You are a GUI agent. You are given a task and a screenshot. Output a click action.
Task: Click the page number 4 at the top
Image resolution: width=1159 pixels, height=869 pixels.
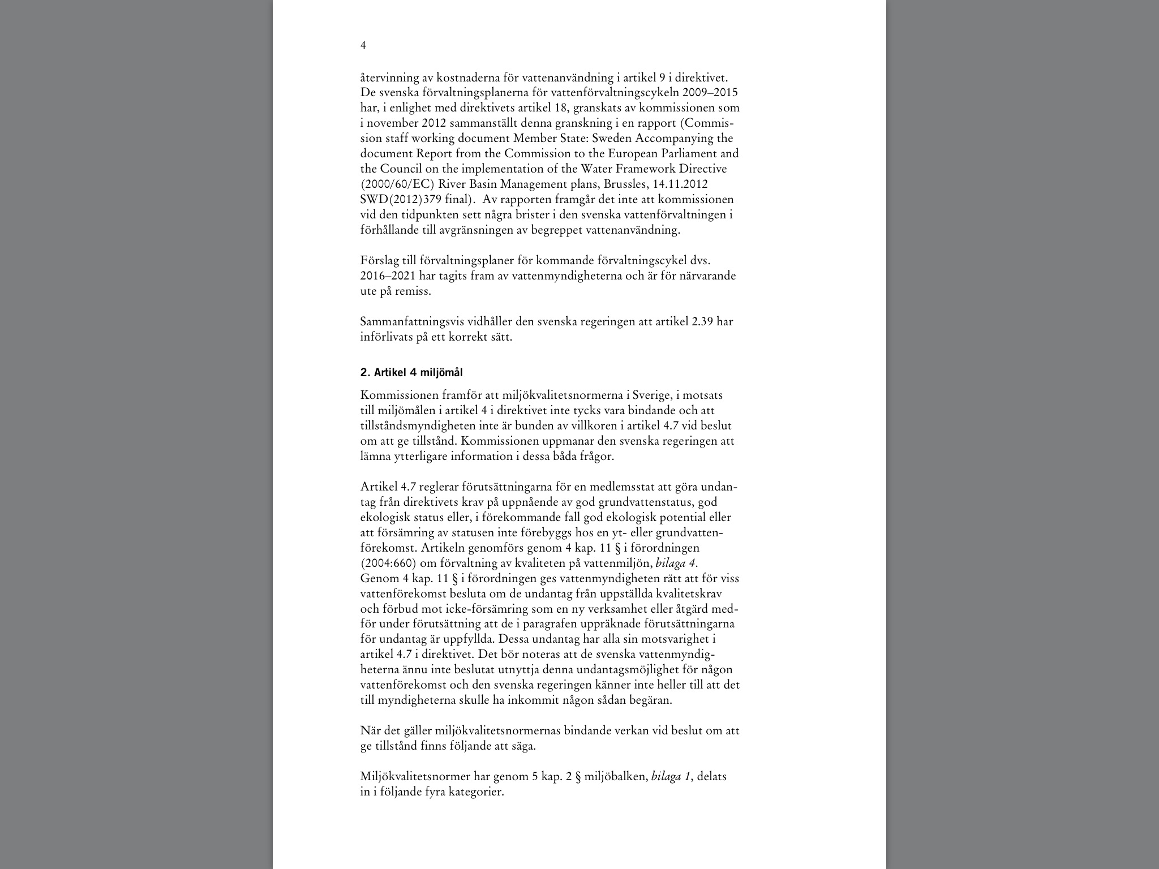pos(363,46)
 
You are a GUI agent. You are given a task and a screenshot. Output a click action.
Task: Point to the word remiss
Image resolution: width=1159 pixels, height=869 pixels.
pos(415,291)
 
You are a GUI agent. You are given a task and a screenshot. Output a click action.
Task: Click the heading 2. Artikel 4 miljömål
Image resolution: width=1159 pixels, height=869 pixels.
pos(411,372)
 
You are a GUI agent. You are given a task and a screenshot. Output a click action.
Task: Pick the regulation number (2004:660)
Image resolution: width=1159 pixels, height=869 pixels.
pos(388,563)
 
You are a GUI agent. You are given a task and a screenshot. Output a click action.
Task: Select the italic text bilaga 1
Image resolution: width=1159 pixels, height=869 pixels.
pos(671,777)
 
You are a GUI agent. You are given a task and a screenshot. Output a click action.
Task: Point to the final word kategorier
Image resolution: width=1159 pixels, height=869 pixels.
pos(475,792)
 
